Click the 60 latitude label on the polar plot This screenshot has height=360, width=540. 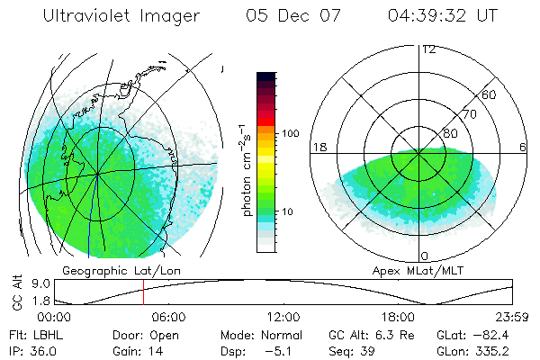point(490,94)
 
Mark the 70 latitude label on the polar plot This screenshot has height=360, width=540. point(470,114)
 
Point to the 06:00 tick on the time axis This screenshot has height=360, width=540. point(168,317)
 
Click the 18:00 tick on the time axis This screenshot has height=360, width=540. point(399,317)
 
